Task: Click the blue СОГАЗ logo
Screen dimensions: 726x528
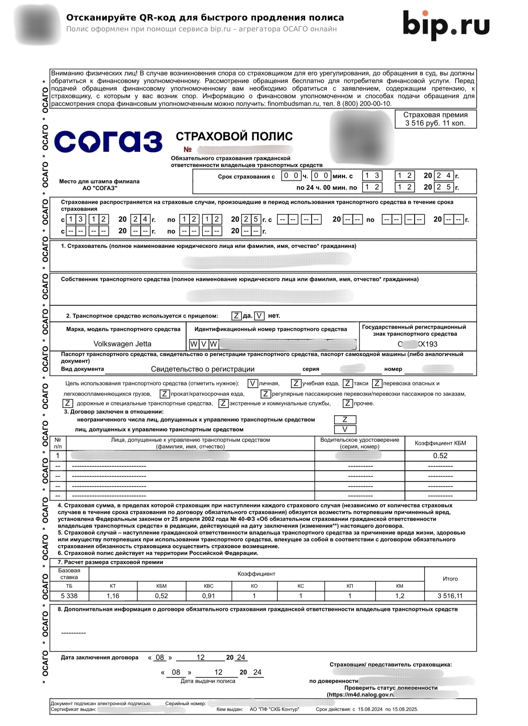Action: pos(108,141)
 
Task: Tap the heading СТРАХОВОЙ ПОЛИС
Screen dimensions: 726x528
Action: pos(234,136)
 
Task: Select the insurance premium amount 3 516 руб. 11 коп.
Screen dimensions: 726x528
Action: pos(435,123)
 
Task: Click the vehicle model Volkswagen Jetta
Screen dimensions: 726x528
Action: pos(122,344)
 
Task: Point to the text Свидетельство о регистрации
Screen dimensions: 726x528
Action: pos(203,369)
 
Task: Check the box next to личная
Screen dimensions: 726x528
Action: pos(253,383)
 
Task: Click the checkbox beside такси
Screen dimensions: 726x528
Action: pos(348,383)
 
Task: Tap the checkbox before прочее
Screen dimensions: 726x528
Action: pos(348,403)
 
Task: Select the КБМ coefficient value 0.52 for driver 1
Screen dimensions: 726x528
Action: pos(440,456)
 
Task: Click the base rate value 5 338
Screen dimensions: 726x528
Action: pos(69,596)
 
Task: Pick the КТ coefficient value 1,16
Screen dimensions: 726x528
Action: pos(113,596)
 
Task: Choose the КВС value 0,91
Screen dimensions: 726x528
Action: pos(209,596)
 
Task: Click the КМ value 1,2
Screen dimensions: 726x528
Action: pos(399,596)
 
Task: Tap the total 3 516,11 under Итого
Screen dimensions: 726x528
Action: pos(450,596)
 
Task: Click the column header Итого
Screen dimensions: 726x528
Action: pos(450,578)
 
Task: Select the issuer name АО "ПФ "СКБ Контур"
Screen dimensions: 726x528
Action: pos(274,709)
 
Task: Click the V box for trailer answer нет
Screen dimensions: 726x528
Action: pos(259,316)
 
